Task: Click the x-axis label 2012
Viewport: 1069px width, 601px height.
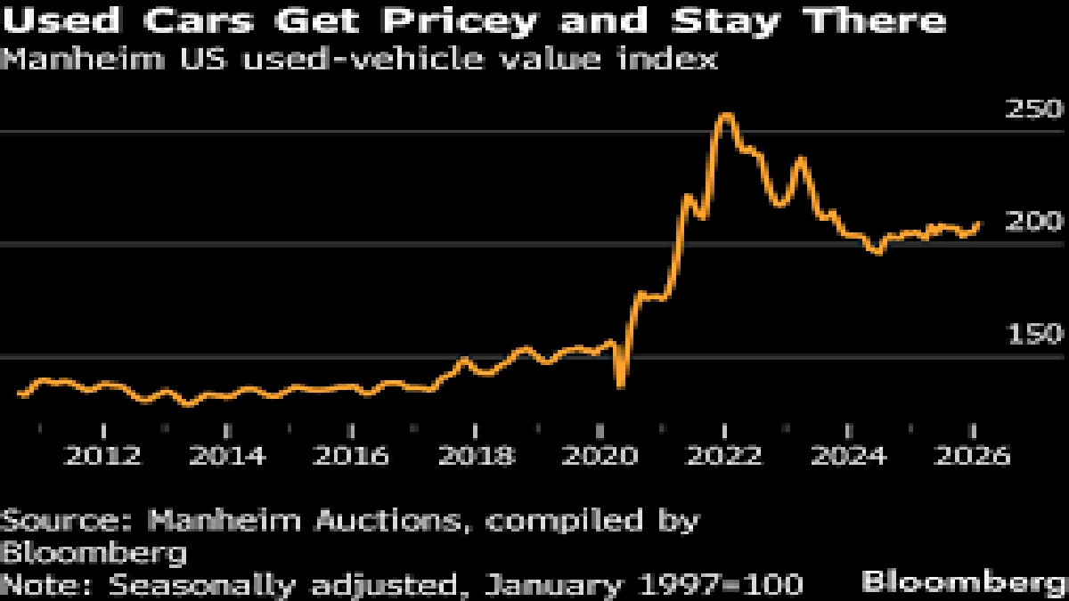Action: pyautogui.click(x=104, y=456)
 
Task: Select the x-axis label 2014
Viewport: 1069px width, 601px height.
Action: pyautogui.click(x=229, y=456)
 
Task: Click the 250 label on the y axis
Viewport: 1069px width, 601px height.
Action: pyautogui.click(x=1034, y=110)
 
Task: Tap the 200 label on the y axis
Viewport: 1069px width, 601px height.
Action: pyautogui.click(x=1034, y=222)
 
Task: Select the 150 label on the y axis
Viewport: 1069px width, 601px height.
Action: pyautogui.click(x=1034, y=335)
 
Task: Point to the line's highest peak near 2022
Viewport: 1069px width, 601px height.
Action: pyautogui.click(x=726, y=116)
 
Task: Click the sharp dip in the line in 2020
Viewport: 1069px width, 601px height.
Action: pyautogui.click(x=621, y=385)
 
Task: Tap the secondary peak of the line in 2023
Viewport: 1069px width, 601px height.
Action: pyautogui.click(x=802, y=159)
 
